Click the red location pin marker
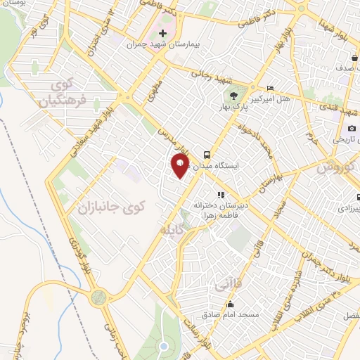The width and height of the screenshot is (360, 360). (x=180, y=165)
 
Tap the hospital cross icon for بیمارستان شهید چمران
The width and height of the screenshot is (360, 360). (x=163, y=33)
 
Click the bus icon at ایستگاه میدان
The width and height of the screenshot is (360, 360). (x=207, y=153)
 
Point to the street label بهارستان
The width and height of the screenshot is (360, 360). (x=275, y=174)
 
